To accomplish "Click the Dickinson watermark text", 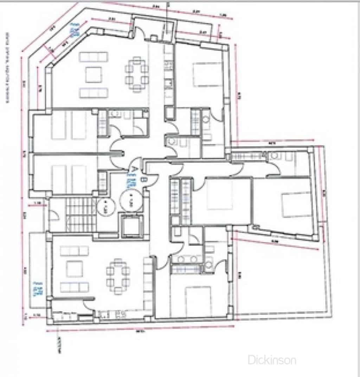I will [272, 359].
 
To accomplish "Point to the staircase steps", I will [81, 214].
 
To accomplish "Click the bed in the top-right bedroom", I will [207, 74].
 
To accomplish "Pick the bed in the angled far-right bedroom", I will [297, 204].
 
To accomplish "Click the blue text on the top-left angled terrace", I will [74, 31].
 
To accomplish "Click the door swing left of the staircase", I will [54, 214].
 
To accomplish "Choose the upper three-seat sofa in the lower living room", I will [74, 251].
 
